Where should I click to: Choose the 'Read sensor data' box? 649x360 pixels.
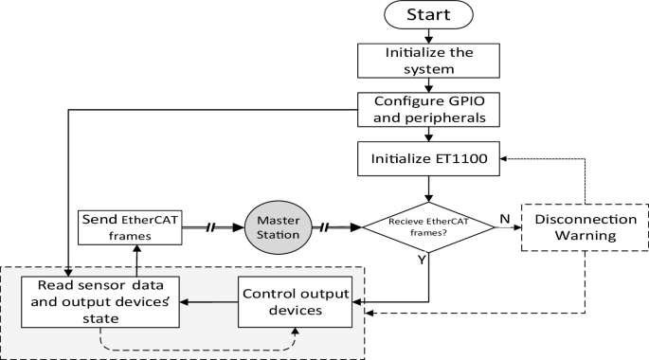101,301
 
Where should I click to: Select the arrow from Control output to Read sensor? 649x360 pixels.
209,302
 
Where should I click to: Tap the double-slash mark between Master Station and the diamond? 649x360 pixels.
325,228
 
